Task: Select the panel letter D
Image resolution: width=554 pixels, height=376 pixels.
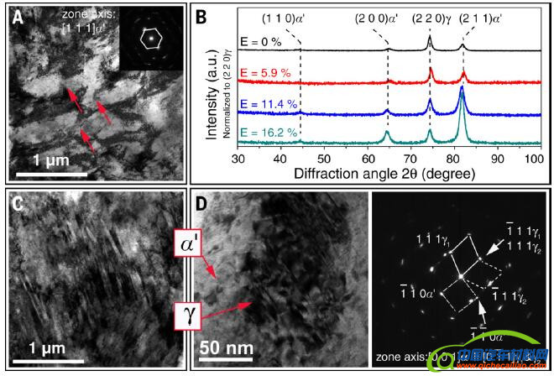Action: tap(202, 204)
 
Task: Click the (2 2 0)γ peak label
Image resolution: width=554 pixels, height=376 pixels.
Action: tap(434, 18)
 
